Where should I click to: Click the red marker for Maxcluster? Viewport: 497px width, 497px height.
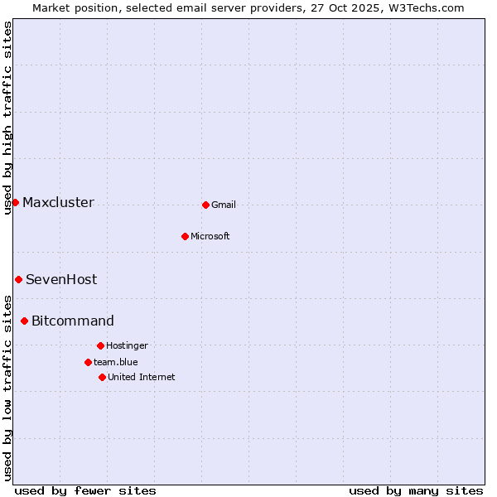point(15,202)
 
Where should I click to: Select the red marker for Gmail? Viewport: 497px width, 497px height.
point(205,205)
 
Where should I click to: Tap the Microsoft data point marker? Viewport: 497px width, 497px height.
point(185,236)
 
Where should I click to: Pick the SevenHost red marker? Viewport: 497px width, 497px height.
point(18,279)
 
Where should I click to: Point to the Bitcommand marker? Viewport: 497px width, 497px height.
point(24,321)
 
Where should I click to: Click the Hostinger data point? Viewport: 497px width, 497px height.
point(100,345)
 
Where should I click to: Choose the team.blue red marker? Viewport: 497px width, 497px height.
point(88,362)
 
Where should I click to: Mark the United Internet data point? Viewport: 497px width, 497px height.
point(102,377)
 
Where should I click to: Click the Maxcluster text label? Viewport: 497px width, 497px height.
point(58,203)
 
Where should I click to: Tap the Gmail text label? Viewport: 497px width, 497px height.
point(224,205)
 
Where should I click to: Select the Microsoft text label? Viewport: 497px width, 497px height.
point(210,237)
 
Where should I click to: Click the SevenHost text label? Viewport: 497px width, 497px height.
point(61,280)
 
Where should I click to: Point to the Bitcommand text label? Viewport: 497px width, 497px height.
point(73,321)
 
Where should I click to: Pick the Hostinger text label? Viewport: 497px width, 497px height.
point(127,346)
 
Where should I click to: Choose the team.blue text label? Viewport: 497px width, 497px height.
point(116,363)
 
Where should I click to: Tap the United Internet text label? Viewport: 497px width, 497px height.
point(142,378)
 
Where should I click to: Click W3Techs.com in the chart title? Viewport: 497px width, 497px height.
point(427,7)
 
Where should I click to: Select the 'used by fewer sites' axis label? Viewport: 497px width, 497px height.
point(85,490)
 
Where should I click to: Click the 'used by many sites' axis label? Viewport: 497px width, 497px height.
point(416,490)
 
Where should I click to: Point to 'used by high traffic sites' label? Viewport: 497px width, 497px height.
point(7,118)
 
